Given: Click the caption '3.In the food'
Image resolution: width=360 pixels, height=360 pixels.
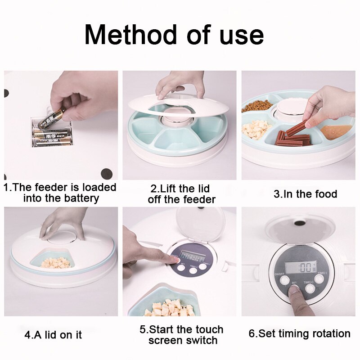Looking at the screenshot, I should (x=305, y=194).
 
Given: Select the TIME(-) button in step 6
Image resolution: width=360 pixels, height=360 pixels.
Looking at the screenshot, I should (x=319, y=279).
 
